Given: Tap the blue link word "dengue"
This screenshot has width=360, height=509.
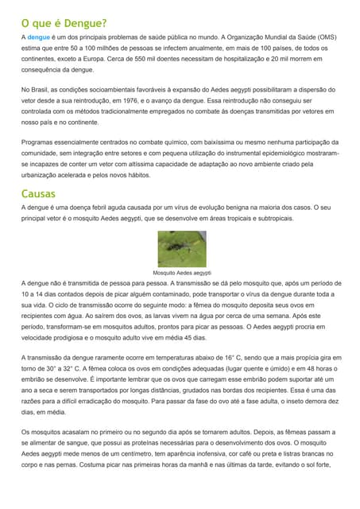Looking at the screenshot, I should pos(38,37).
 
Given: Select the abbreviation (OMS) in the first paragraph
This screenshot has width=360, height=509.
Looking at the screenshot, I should pos(321,37).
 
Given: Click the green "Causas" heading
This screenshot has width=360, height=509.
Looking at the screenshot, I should pos(37,193).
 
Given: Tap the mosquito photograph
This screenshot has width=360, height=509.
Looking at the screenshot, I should pos(182,248).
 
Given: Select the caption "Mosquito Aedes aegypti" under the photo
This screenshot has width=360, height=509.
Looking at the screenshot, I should pos(182,271).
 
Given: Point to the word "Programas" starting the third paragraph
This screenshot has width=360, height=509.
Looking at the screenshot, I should pos(41,142).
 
